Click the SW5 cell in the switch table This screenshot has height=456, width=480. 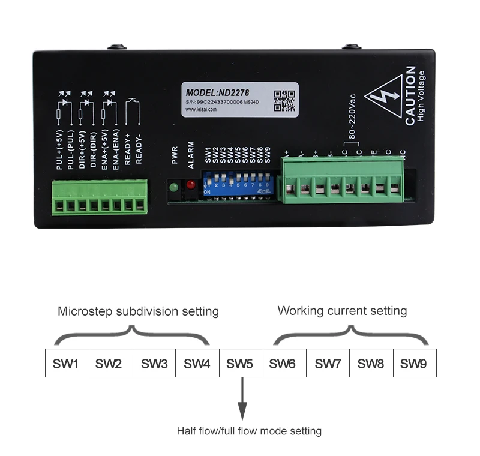click(241, 364)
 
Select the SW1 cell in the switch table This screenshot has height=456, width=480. click(67, 364)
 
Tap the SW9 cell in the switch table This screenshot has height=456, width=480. click(414, 364)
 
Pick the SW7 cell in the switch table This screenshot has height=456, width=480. click(328, 364)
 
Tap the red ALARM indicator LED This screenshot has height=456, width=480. click(191, 185)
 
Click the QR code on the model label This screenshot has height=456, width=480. click(284, 100)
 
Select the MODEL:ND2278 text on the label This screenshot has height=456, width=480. click(217, 93)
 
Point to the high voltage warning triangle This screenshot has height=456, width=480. click(383, 96)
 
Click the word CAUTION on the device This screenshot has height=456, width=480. click(410, 96)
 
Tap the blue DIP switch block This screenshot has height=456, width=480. click(238, 185)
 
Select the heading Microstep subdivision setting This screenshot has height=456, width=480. click(138, 311)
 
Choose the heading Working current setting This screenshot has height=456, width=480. click(342, 311)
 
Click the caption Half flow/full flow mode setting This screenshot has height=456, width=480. click(249, 431)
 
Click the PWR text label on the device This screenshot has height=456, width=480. click(175, 153)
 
